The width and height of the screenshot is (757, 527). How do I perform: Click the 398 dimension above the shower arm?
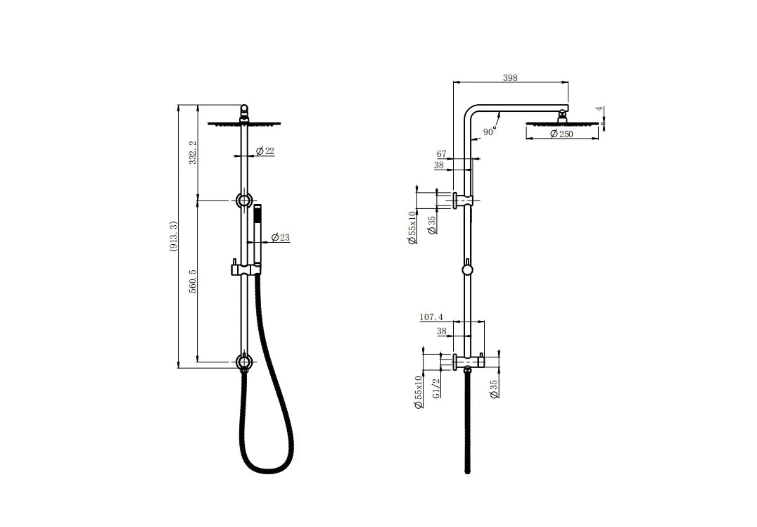[510, 78]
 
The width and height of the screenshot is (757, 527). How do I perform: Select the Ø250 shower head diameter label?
[561, 134]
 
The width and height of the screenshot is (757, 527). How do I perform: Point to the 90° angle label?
[489, 132]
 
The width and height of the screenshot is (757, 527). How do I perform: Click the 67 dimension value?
[442, 154]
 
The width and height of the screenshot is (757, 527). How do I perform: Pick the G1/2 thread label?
[436, 388]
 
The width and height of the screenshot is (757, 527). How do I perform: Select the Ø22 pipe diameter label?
[265, 151]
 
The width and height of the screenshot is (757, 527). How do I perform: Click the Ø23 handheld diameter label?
[280, 238]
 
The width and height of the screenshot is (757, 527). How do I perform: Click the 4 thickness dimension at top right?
[599, 110]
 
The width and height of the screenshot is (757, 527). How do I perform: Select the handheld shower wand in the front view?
[257, 232]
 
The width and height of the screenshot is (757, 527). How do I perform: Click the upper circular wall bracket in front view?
[244, 201]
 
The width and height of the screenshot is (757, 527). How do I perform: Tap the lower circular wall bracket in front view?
[244, 363]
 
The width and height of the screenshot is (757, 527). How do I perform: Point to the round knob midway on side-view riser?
[466, 269]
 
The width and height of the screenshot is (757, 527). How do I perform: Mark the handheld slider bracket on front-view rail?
[243, 269]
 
